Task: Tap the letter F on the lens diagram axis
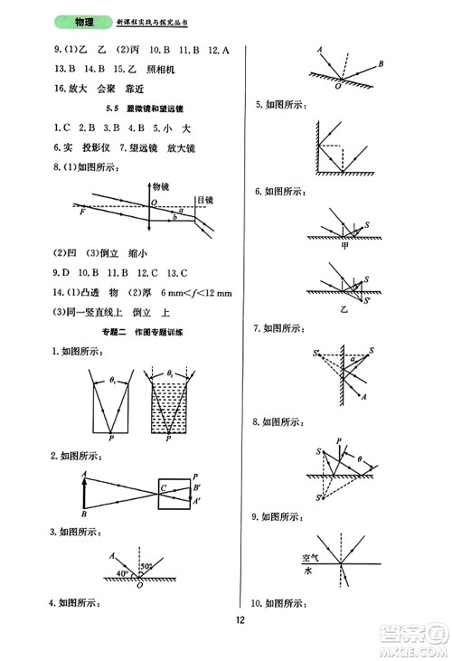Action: [x=82, y=211]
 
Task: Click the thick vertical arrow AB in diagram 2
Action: [x=84, y=494]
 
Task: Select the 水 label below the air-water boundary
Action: [x=309, y=571]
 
